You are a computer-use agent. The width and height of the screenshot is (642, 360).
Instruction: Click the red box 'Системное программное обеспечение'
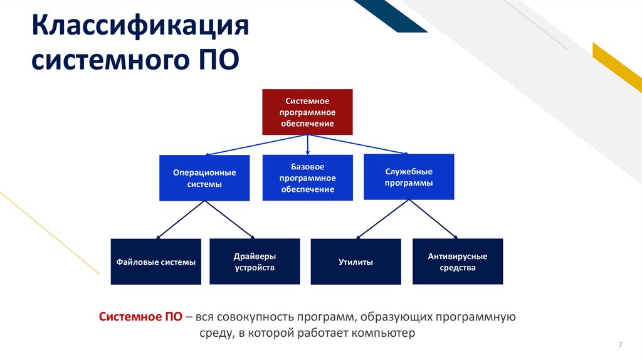coord(307,112)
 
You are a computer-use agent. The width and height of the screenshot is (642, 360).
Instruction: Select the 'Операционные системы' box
coord(204,178)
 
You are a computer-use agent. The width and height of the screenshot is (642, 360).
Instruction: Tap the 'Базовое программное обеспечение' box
coord(307,178)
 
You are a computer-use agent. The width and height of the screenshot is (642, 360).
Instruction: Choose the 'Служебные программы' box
coord(409,177)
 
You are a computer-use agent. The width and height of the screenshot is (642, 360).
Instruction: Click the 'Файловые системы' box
coord(156,262)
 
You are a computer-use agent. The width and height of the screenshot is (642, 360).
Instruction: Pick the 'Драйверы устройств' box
coord(255,262)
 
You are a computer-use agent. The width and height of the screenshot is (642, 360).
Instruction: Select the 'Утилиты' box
coord(356,262)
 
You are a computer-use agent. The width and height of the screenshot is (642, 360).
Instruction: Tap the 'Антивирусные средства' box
coord(458,262)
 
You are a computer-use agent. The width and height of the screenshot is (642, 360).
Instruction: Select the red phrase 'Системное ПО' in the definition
coord(141,317)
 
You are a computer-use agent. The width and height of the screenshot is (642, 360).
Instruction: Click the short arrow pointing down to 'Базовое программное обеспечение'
coord(307,145)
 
